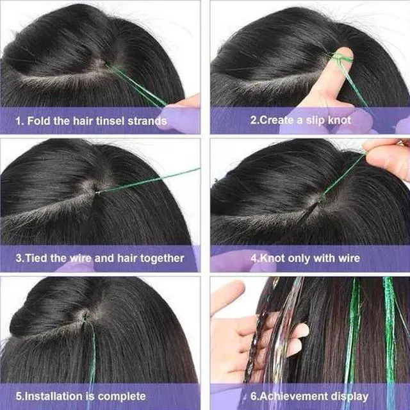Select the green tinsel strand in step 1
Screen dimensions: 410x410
[138, 86]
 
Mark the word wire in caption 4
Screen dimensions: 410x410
[345, 259]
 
